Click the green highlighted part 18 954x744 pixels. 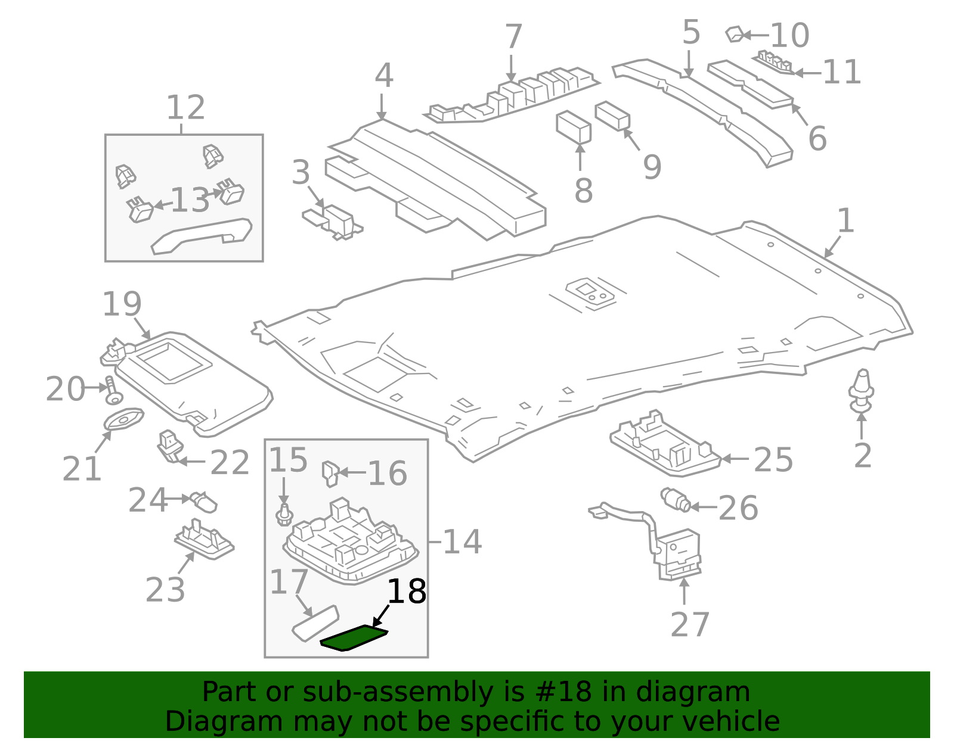pos(354,638)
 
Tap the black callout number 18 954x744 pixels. pos(407,592)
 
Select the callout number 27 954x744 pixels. pos(690,625)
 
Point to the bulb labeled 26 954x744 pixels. pos(676,500)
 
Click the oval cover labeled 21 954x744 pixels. pos(123,419)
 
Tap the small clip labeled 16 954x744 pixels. pos(330,474)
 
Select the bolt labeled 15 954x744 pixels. pos(284,515)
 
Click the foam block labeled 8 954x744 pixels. pos(573,127)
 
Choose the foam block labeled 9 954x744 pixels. pos(613,116)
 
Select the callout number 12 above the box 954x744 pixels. pos(185,108)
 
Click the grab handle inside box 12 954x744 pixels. pos(201,235)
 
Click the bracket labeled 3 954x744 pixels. pos(333,221)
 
